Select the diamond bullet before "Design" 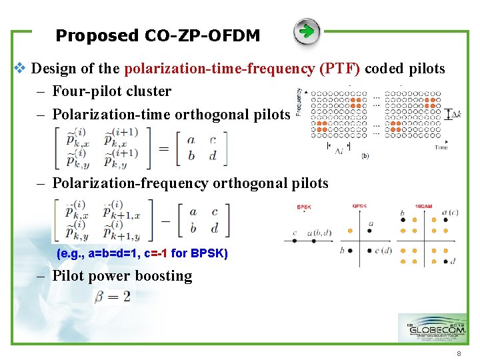19,68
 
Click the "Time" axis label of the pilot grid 441,147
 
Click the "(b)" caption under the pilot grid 365,157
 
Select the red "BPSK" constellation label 304,207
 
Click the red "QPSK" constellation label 360,207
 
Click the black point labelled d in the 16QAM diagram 445,261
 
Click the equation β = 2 113,297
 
